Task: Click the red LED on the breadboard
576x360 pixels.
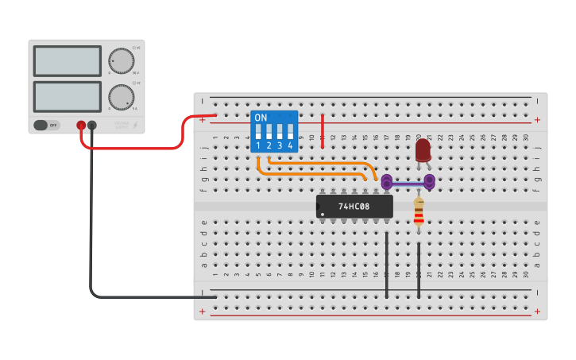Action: (x=423, y=150)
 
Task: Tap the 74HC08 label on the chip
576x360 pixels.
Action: (x=354, y=207)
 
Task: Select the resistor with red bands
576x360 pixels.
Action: (x=419, y=213)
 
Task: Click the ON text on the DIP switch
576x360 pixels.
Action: (x=261, y=117)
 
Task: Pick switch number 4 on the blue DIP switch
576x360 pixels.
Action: (x=291, y=132)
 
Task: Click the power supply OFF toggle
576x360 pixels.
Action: (x=47, y=125)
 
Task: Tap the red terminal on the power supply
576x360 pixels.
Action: (x=80, y=125)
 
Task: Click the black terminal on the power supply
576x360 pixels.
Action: (x=92, y=125)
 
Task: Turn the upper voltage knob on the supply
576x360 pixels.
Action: (x=121, y=61)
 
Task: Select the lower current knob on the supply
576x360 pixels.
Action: (x=121, y=96)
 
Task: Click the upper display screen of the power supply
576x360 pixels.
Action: (x=67, y=61)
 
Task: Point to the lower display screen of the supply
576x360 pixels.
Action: (x=67, y=96)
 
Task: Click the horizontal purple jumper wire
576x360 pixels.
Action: (x=408, y=183)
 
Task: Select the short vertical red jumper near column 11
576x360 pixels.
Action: (x=323, y=131)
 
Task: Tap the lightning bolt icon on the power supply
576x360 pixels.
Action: (x=136, y=125)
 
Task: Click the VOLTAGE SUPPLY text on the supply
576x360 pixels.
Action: (x=121, y=125)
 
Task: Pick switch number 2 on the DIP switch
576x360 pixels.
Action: (x=269, y=132)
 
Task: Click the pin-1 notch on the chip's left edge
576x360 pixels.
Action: (x=319, y=207)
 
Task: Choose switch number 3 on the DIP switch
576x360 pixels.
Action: (x=280, y=132)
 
